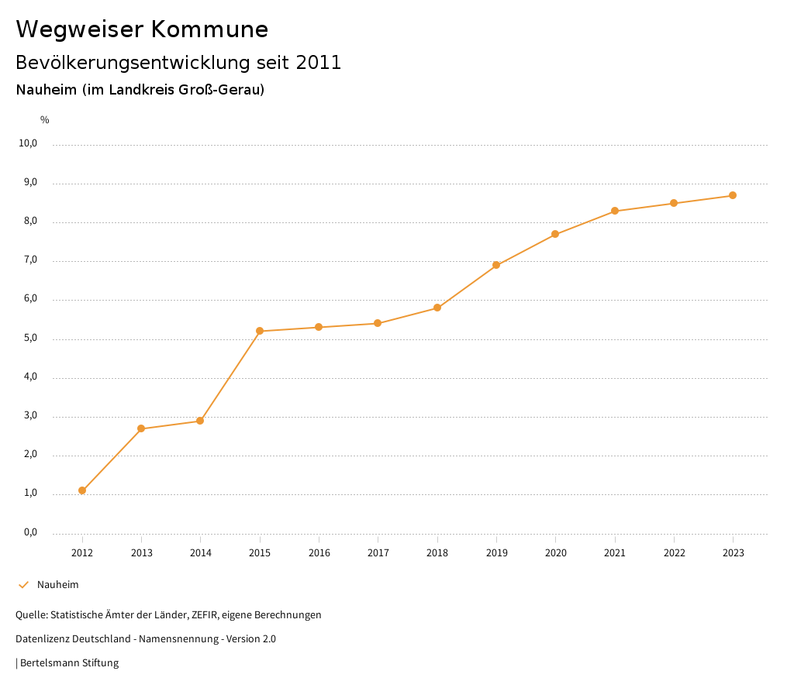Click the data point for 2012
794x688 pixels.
click(82, 490)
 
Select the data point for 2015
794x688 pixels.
click(260, 331)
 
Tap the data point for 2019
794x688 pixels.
click(496, 265)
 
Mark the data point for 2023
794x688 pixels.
click(733, 195)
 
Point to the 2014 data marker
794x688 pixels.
click(200, 421)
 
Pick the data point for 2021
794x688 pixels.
click(615, 211)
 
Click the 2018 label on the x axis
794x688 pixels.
click(437, 552)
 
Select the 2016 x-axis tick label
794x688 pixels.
click(319, 552)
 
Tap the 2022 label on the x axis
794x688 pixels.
click(674, 552)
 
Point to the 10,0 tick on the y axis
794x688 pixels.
click(29, 143)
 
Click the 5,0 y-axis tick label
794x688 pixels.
click(30, 339)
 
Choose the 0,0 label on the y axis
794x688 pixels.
click(30, 532)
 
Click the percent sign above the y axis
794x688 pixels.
click(45, 119)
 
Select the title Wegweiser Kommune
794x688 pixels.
click(142, 29)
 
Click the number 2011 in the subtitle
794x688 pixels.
click(319, 62)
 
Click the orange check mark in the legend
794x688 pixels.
click(23, 585)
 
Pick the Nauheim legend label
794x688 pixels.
click(58, 585)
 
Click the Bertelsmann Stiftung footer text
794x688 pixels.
click(69, 663)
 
